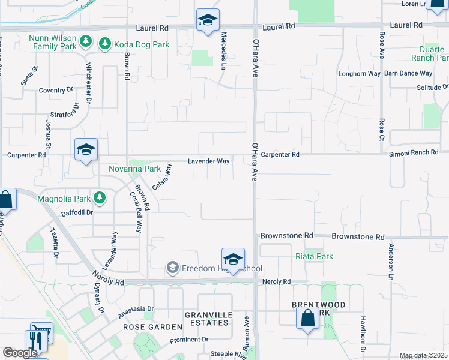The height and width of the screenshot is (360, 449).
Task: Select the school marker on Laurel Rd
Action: pos(208,20)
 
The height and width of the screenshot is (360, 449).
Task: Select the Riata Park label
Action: pos(314,256)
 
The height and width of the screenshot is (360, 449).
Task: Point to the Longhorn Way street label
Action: pos(360,73)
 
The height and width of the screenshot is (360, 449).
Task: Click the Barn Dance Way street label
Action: pos(408,73)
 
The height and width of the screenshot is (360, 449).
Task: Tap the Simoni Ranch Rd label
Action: pos(414,152)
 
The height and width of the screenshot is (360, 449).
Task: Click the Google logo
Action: pos(20,353)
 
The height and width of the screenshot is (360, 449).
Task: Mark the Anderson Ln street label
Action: pos(390,262)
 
